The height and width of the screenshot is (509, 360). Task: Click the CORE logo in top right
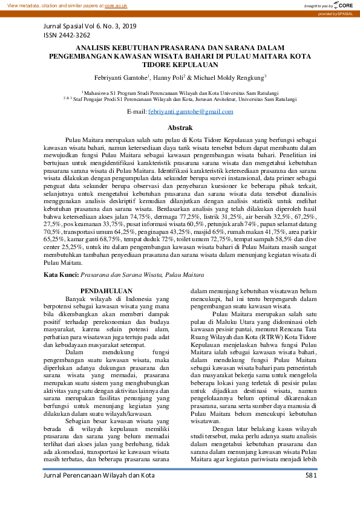click(342, 5)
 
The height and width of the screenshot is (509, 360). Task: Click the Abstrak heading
click(180, 128)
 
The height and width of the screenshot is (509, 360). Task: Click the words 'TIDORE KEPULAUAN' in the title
click(180, 63)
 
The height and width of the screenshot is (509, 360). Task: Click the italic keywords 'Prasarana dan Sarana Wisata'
click(120, 274)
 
